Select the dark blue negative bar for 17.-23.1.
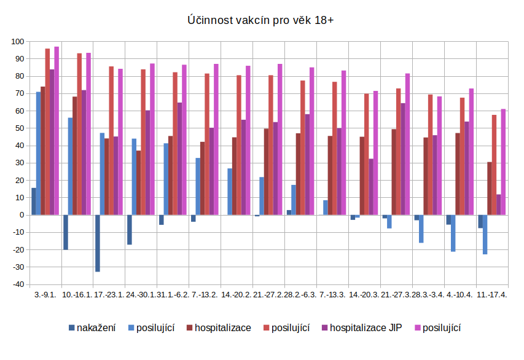pos(98,243)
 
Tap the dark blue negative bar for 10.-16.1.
pos(66,232)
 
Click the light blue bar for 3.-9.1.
pos(38,154)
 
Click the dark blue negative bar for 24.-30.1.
pos(130,230)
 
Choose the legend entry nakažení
pos(92,327)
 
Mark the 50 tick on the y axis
pos(18,128)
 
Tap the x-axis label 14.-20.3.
pos(364,294)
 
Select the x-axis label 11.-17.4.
pos(492,294)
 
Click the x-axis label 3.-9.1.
pos(45,294)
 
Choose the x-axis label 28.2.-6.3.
pos(300,294)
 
